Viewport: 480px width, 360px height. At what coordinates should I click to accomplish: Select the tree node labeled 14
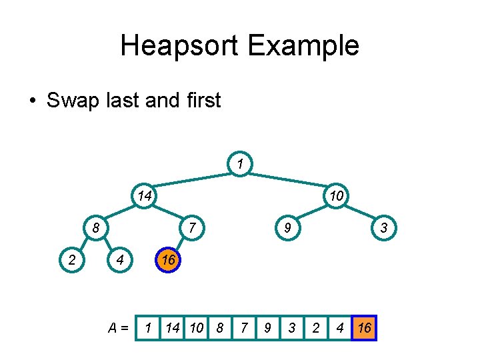coord(143,196)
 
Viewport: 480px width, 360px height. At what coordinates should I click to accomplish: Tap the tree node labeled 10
coord(335,196)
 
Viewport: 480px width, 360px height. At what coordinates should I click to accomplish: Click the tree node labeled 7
coord(191,228)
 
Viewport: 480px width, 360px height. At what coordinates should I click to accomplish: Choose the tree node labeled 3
coord(383,228)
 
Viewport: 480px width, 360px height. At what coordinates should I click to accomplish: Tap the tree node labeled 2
coord(71,260)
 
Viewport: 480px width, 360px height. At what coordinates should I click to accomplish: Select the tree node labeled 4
coord(119,260)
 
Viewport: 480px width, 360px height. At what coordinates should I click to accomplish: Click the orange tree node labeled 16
coord(167,260)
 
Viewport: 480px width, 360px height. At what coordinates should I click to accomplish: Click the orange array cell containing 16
coord(365,328)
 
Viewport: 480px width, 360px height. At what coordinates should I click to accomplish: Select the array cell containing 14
coord(173,328)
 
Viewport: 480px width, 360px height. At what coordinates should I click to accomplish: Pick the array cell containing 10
coord(197,328)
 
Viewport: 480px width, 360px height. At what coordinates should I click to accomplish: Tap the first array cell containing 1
coord(148,328)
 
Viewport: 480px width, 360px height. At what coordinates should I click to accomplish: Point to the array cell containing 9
coord(267,328)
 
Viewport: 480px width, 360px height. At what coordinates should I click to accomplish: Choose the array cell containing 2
coord(316,328)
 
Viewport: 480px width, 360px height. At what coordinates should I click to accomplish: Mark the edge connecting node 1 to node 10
coord(288,178)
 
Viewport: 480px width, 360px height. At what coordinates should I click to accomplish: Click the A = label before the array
coord(119,328)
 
